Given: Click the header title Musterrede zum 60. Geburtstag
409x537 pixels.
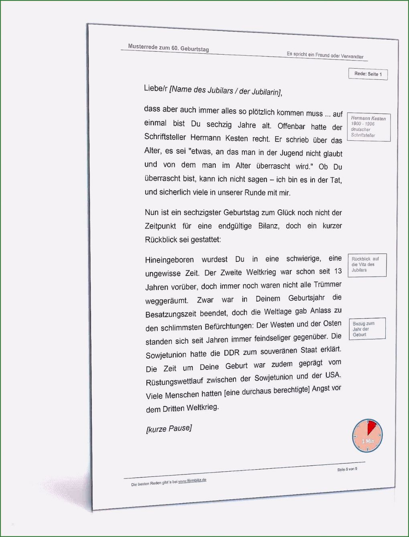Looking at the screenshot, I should click(x=168, y=48).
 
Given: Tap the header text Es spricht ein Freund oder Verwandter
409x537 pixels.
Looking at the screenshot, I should click(x=325, y=55).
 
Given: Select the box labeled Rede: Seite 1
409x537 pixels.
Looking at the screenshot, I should click(x=368, y=74).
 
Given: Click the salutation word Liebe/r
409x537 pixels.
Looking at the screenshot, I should click(x=156, y=88).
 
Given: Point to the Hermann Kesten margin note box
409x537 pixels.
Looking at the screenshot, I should click(x=368, y=127).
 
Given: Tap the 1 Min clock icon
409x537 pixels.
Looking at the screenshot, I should click(x=367, y=436).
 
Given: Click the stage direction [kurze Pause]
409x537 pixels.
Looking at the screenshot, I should click(x=169, y=429).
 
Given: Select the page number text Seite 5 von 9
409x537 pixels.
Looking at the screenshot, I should click(x=347, y=469).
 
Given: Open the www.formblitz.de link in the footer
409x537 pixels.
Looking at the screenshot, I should click(x=192, y=481).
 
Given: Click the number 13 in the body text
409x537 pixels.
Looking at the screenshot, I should click(x=338, y=272).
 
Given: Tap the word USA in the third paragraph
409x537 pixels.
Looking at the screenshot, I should click(x=332, y=375).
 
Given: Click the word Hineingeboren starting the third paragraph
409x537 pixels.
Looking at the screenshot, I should click(x=169, y=260).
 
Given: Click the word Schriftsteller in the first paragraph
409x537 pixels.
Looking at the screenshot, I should click(x=165, y=137).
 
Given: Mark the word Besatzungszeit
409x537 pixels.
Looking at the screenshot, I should click(x=170, y=314).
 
